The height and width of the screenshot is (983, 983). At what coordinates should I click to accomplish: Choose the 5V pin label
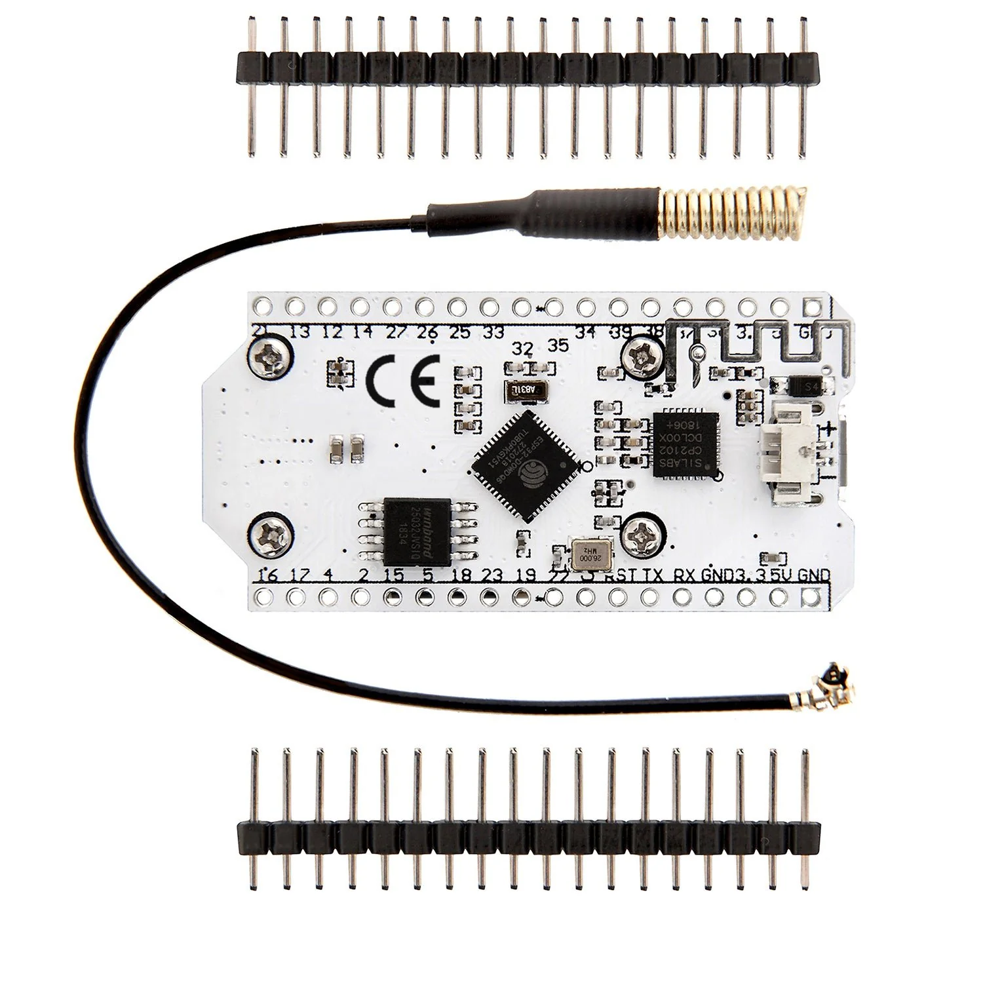(x=782, y=575)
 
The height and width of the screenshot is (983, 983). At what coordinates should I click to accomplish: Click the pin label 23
(x=491, y=575)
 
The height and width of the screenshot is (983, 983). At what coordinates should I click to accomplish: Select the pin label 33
(x=493, y=333)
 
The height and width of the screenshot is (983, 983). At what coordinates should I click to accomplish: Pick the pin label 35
(x=558, y=346)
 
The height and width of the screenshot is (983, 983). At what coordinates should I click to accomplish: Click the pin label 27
(x=396, y=333)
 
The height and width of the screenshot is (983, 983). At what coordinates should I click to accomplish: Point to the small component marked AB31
(x=524, y=391)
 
